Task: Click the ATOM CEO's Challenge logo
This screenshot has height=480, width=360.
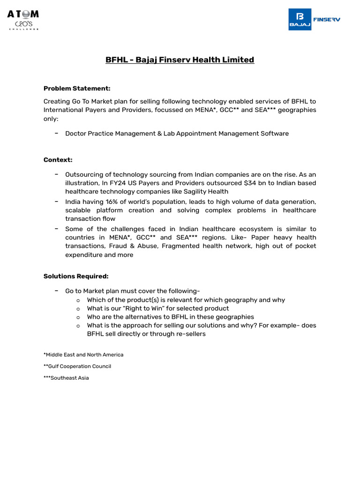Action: (x=23, y=20)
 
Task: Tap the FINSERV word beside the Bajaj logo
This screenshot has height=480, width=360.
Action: (x=326, y=19)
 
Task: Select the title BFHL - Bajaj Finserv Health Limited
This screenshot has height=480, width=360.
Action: (x=180, y=60)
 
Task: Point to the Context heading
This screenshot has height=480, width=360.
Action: (x=58, y=160)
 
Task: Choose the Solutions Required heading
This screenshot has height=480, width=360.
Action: (x=76, y=276)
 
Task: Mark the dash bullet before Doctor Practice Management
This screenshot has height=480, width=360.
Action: (x=56, y=133)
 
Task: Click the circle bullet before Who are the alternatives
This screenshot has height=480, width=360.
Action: (x=78, y=317)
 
